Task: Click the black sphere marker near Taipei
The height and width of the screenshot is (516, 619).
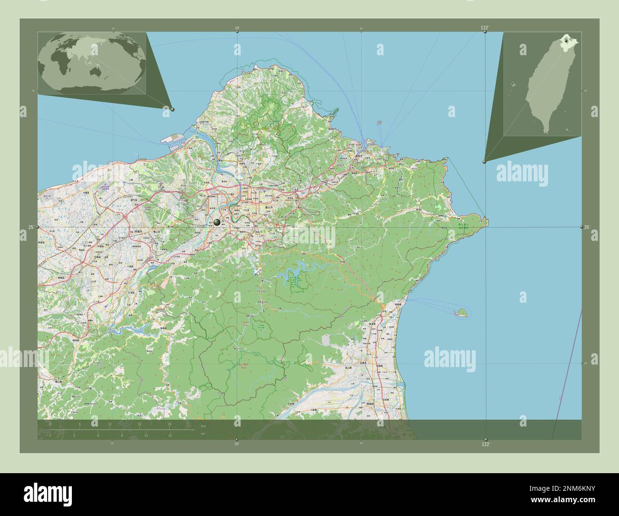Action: (x=217, y=222)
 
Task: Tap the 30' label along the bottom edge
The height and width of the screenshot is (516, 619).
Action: (x=237, y=444)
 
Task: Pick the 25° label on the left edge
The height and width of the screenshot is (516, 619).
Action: (x=30, y=228)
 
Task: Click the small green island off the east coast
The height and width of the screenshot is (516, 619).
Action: (x=460, y=313)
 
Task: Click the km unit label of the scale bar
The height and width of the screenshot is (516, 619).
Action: (x=203, y=426)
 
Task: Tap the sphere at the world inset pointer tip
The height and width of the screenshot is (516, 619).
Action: (x=172, y=109)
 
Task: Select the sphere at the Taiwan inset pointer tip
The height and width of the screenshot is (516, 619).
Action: (x=484, y=162)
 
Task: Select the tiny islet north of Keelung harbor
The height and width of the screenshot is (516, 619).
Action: (x=379, y=122)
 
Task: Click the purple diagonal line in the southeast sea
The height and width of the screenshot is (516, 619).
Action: (x=567, y=371)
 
